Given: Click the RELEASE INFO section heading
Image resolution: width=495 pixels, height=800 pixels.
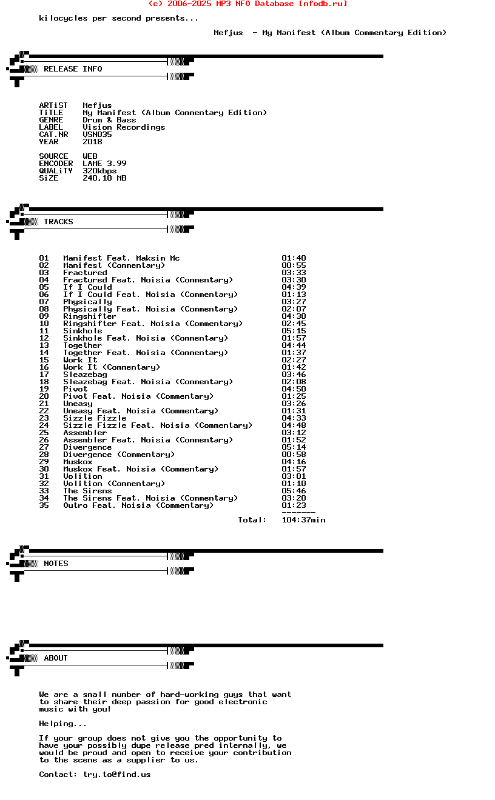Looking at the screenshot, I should coord(73,69).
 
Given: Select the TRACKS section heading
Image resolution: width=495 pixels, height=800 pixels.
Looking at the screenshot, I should coord(58,222).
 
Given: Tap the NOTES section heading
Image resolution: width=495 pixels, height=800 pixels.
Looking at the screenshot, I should coord(56,564).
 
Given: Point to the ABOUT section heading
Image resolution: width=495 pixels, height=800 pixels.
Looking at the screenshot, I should coord(56,658).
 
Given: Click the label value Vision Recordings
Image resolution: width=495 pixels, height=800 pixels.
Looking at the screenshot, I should coord(124,127).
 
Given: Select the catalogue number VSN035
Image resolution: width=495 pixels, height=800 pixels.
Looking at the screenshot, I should coord(97,135).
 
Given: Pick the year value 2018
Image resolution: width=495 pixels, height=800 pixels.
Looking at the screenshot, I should coord(92,142).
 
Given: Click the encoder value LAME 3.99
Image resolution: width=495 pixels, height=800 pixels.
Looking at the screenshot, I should coord(104,164).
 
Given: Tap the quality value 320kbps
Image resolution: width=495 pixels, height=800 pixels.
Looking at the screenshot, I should coord(99,171).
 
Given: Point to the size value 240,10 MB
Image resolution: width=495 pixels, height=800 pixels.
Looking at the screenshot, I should coord(104,178).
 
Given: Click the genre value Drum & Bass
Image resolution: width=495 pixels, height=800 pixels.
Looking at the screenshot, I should coord(109,120).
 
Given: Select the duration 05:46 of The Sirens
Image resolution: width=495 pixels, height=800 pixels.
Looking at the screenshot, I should coord(294,491).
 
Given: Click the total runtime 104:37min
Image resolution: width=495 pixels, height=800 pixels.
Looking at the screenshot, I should coord(303,520).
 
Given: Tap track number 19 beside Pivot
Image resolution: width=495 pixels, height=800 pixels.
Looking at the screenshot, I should coord(44,389).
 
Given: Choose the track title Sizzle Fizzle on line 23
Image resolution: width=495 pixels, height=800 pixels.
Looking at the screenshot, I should coord(95,418).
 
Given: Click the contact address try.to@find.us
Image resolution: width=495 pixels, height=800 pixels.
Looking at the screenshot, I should coord(116,775).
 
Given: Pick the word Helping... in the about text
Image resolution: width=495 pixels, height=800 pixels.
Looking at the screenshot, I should coord(63,724).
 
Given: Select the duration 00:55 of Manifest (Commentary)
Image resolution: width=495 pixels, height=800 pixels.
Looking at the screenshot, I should coord(294,265).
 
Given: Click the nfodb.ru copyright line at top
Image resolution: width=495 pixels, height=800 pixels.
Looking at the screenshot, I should coord(247,4).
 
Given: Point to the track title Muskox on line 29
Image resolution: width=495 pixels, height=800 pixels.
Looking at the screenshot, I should coord(78,462).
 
